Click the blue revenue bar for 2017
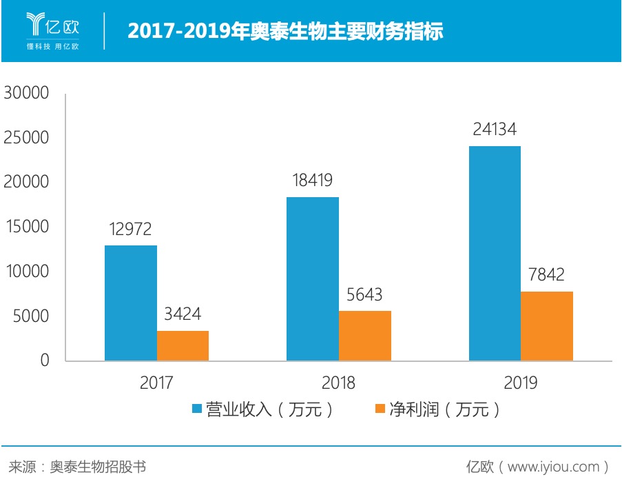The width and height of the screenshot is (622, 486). tap(131, 303)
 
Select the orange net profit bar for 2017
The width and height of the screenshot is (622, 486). tap(183, 345)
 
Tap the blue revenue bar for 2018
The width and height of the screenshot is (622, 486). tap(313, 279)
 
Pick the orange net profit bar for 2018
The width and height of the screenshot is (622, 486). tap(365, 336)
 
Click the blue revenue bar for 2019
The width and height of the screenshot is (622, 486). tap(495, 253)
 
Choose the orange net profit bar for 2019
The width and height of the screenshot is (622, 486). tap(547, 326)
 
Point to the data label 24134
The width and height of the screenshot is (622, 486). tap(494, 130)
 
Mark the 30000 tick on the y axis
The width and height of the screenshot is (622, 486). tap(26, 93)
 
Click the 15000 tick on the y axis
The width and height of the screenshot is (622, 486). tap(26, 227)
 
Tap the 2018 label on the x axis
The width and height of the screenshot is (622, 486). tap(338, 383)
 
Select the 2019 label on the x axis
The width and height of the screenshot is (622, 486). tap(521, 383)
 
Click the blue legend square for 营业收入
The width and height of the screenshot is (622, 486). tap(196, 409)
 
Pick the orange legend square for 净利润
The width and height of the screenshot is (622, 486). tap(379, 409)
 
